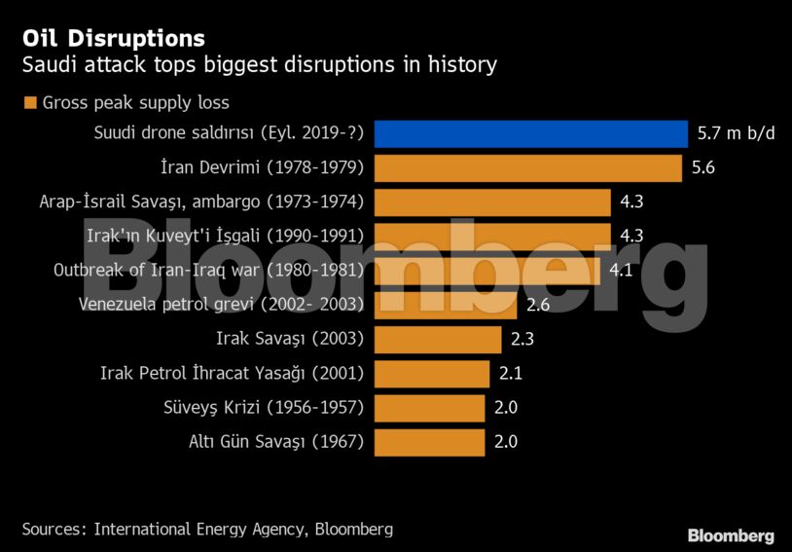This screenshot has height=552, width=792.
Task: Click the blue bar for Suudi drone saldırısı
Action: [x=530, y=133]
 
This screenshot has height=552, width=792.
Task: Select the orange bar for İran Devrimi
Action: [x=527, y=167]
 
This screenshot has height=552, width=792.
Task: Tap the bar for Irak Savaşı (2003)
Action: [x=437, y=339]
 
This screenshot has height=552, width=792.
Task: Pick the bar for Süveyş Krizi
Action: [x=429, y=407]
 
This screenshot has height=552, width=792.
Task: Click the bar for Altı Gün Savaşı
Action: [x=429, y=441]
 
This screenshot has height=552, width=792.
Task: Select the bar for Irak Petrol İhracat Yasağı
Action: [x=432, y=373]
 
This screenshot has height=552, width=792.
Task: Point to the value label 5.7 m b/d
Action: [x=737, y=133]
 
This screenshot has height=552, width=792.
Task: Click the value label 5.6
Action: [x=703, y=167]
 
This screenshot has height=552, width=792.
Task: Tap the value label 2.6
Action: [x=538, y=305]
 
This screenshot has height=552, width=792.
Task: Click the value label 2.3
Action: [x=522, y=339]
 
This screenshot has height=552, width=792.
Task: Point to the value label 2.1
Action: [x=511, y=373]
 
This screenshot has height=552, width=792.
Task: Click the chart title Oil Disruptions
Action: [x=113, y=38]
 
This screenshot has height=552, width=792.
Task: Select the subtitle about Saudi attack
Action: [x=259, y=65]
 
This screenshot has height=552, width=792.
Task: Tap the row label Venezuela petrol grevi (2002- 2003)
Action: [x=221, y=305]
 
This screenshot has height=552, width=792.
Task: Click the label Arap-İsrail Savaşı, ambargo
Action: [x=201, y=202]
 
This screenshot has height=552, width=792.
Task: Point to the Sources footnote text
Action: [x=207, y=529]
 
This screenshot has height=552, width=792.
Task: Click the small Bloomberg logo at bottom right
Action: [x=731, y=535]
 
